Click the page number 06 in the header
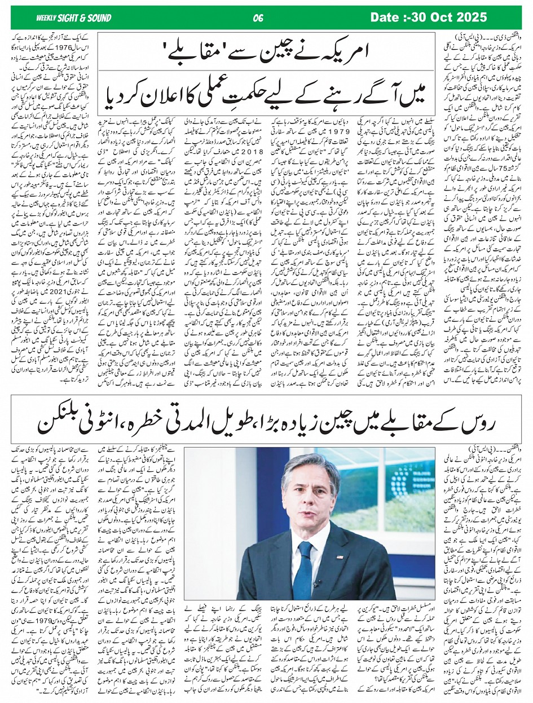[x=259, y=18]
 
